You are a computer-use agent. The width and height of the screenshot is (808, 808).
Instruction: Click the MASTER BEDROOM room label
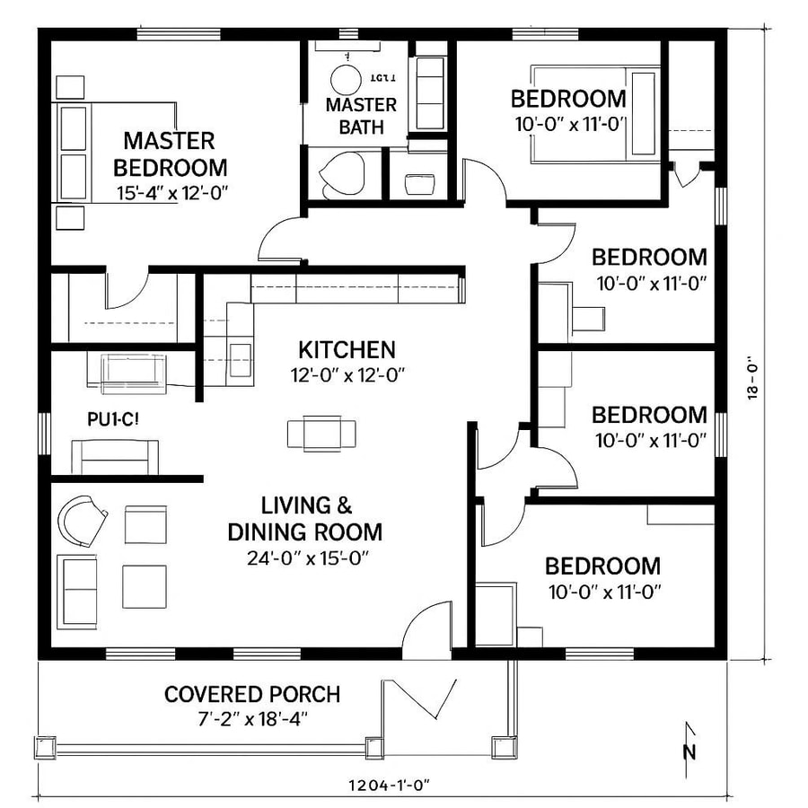[x=170, y=154]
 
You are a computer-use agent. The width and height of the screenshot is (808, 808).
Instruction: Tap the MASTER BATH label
[x=355, y=116]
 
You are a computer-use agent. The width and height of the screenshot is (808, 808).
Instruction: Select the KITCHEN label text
[x=347, y=348]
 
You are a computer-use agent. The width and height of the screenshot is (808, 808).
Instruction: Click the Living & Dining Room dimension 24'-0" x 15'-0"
[x=309, y=558]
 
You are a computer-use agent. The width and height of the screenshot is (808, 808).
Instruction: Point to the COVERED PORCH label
[x=252, y=694]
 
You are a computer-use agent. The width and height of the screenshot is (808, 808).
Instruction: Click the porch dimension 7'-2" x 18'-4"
[x=251, y=718]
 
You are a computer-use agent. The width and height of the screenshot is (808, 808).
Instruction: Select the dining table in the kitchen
[x=321, y=433]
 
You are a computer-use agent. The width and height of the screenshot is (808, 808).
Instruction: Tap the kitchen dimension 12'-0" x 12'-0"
[x=347, y=374]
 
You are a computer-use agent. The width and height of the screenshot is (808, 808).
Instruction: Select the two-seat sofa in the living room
[x=78, y=590]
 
